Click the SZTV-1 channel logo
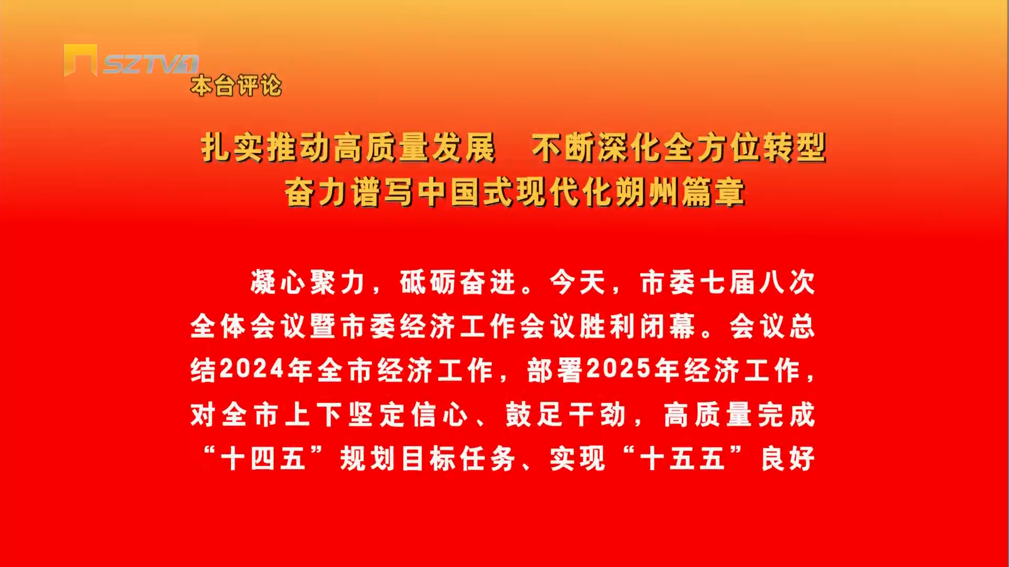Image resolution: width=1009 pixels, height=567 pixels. click(131, 60)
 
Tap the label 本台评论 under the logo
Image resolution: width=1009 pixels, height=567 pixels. click(236, 86)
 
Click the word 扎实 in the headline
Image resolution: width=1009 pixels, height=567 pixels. click(232, 148)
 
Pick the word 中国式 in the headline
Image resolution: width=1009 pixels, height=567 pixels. click(466, 192)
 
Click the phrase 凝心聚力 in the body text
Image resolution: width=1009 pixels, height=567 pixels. click(308, 282)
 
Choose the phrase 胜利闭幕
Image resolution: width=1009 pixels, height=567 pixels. click(637, 327)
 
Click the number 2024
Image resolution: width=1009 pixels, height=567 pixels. click(252, 369)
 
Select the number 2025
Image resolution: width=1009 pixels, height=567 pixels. click(619, 369)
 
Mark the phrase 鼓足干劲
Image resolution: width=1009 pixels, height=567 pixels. click(565, 415)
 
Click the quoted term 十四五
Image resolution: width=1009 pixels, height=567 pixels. click(263, 459)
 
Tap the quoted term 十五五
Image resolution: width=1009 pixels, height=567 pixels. click(683, 459)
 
